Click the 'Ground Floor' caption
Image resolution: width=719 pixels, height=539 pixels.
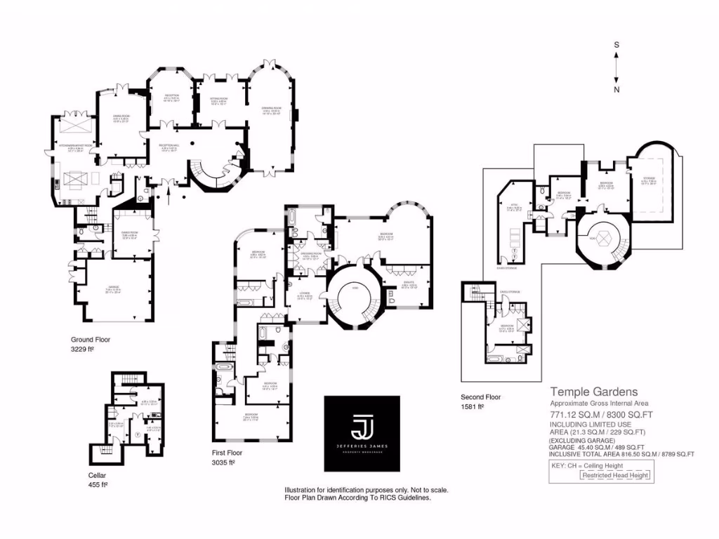point(91,340)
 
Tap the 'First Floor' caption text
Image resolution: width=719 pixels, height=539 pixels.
point(227,453)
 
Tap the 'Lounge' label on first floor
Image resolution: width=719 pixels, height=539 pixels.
point(304,294)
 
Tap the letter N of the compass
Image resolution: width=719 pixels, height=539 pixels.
point(616,89)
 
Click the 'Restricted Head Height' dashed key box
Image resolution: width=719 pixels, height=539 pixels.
point(616,475)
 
